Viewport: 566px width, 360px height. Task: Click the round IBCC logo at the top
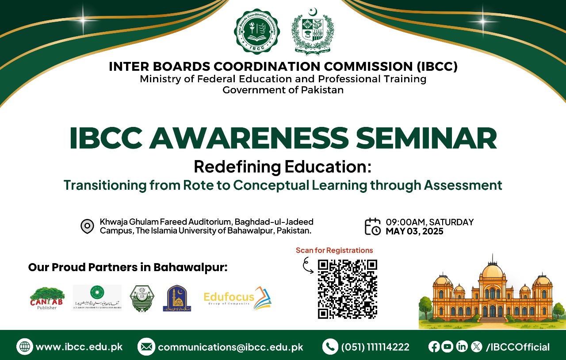coord(256,32)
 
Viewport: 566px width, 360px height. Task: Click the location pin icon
coord(87,226)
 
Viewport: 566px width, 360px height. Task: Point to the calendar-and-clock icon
coord(372,226)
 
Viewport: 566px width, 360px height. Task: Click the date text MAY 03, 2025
coord(414,231)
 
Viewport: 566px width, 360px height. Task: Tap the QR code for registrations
coord(347,289)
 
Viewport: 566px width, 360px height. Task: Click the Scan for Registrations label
coord(334,250)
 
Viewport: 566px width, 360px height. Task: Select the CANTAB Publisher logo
coord(47,298)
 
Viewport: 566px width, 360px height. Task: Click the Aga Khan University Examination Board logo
coord(97,298)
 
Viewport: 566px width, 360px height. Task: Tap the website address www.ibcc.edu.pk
coord(79,347)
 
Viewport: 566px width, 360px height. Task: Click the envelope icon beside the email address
coord(145,347)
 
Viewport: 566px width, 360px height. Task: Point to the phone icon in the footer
coord(330,347)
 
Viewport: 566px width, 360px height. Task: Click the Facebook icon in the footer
coord(434,347)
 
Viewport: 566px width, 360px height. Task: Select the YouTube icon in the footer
coord(447,347)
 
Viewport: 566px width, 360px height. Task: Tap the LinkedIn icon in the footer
coord(462,347)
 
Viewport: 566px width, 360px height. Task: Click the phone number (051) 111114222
coord(375,347)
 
